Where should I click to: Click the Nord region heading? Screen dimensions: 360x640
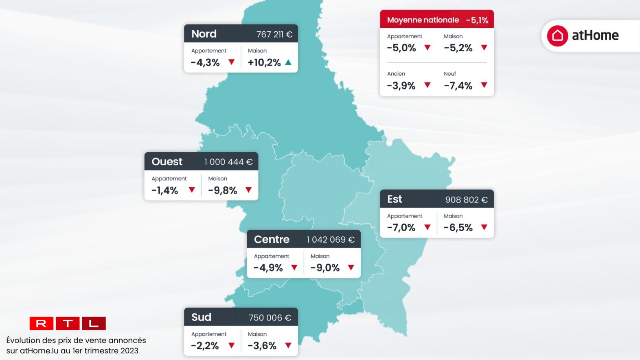pos(204,34)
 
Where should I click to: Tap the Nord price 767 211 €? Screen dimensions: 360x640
pos(274,34)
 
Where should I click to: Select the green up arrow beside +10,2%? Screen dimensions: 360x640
pos(288,62)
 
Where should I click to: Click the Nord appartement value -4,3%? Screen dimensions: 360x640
pos(205,63)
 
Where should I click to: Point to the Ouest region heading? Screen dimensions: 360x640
pos(167,162)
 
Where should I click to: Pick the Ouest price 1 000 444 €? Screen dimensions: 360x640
pos(228,162)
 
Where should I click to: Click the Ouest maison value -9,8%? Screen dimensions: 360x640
pos(223,191)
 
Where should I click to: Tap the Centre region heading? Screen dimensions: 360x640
pos(272,239)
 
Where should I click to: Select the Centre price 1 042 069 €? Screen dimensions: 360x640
pos(330,240)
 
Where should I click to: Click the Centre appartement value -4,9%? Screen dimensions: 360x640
pos(268,268)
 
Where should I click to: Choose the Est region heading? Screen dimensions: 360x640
pos(395,199)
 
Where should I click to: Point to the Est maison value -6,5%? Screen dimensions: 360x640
pos(458,228)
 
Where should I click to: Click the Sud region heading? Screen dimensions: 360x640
pos(201,317)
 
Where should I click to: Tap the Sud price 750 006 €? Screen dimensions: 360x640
pos(270,318)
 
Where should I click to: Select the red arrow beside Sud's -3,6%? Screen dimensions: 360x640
pos(288,346)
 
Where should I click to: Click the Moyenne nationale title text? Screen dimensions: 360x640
pos(423,20)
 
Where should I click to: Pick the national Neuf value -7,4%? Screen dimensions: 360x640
pos(458,86)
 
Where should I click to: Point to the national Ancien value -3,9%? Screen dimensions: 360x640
pos(401,86)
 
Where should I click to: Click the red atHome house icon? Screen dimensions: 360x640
pos(557,36)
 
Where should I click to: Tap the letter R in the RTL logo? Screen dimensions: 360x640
pos(41,324)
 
